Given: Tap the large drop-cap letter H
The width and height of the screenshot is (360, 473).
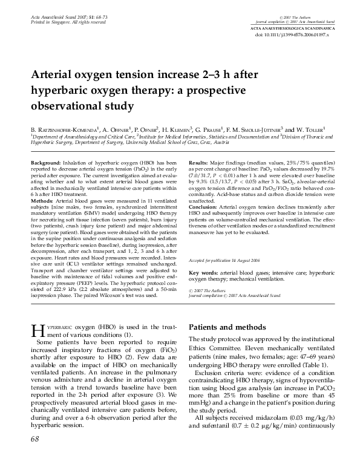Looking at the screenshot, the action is click(36, 330).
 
